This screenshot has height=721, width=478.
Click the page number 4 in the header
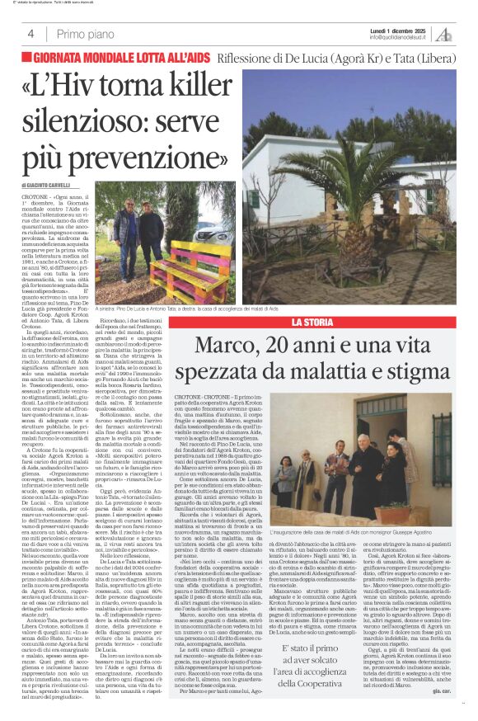(x=30, y=34)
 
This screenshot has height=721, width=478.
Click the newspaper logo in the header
(x=444, y=33)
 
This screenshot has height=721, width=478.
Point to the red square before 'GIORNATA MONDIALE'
(x=27, y=58)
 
